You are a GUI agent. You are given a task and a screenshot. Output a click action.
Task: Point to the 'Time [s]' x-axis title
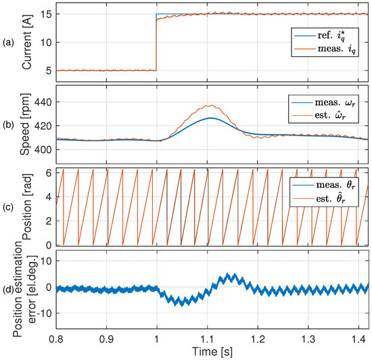point(212,353)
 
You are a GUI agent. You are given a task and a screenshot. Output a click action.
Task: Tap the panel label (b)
point(9,124)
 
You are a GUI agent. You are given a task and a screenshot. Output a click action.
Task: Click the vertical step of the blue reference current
point(156,41)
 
